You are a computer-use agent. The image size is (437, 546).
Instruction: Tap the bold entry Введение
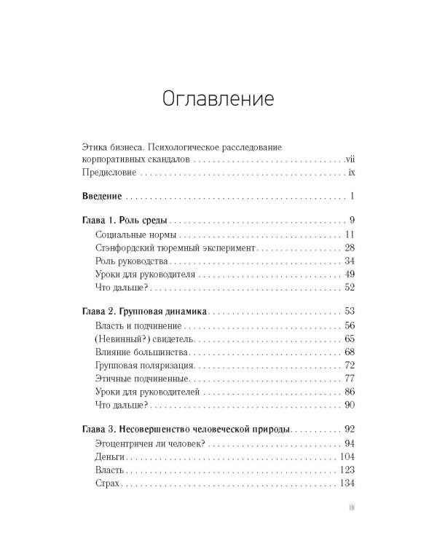pyautogui.click(x=99, y=197)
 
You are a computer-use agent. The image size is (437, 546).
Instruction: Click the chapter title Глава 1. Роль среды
pyautogui.click(x=124, y=220)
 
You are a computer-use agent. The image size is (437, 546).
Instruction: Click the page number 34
pyautogui.click(x=349, y=261)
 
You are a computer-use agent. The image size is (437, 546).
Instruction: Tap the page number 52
pyautogui.click(x=349, y=289)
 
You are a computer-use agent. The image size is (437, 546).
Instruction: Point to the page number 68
pyautogui.click(x=349, y=353)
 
